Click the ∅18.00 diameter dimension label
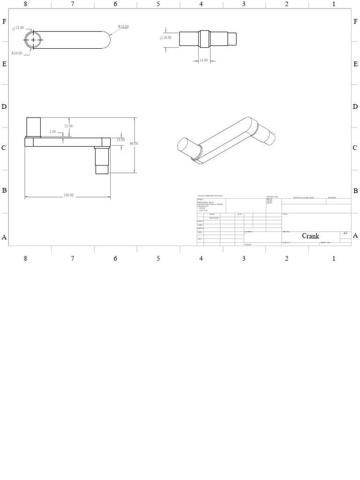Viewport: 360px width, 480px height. pyautogui.click(x=19, y=28)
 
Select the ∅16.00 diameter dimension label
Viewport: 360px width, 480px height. pyautogui.click(x=166, y=37)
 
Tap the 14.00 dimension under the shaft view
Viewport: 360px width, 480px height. pyautogui.click(x=203, y=60)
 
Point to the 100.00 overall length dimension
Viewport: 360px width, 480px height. pyautogui.click(x=68, y=195)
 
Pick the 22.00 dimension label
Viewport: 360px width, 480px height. pyautogui.click(x=68, y=126)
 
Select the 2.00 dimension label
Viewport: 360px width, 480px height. pyautogui.click(x=52, y=132)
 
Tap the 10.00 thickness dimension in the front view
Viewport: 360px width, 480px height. pyautogui.click(x=120, y=140)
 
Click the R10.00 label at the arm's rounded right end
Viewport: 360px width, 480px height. pyautogui.click(x=123, y=27)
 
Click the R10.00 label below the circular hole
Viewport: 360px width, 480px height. pyautogui.click(x=17, y=53)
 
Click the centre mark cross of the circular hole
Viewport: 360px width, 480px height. pyautogui.click(x=33, y=40)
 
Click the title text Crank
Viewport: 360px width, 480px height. pyautogui.click(x=310, y=236)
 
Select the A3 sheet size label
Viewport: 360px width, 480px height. pyautogui.click(x=345, y=233)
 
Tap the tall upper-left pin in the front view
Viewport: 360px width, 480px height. pyautogui.click(x=33, y=127)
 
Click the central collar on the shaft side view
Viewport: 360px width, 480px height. pyautogui.click(x=204, y=39)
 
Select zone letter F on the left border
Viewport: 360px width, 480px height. pyautogui.click(x=4, y=22)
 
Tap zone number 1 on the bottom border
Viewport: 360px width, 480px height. pyautogui.click(x=334, y=258)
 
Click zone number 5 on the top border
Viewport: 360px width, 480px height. pyautogui.click(x=158, y=4)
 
